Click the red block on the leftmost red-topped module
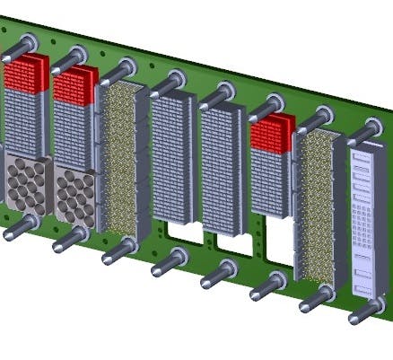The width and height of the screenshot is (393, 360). coord(26,71)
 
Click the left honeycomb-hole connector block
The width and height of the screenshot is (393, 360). coord(26,184)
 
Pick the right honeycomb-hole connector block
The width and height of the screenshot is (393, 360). coord(74,196)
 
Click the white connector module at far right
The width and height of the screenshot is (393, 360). coord(366,224)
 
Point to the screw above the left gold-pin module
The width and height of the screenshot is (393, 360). coord(127,67)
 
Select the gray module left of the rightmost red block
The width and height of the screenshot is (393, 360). coord(222,166)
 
